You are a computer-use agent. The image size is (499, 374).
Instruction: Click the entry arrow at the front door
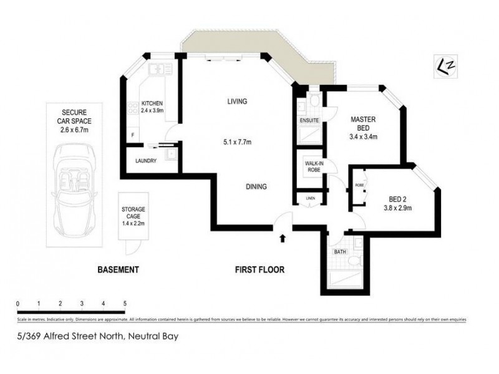coord(283,237)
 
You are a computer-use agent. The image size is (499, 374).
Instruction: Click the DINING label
coord(256,186)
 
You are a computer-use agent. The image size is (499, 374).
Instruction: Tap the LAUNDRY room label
coord(145,161)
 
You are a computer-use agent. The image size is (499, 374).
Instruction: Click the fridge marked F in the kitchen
coord(132,135)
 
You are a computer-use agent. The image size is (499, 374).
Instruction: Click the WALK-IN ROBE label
coord(312,167)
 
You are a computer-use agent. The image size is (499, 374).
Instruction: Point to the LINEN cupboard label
coord(310,198)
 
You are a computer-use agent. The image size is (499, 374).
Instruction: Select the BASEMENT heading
coord(117,270)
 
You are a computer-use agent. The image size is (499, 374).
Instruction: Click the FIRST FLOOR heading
coord(259,270)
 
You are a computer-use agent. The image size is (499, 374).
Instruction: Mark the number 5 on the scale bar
coord(125,304)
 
